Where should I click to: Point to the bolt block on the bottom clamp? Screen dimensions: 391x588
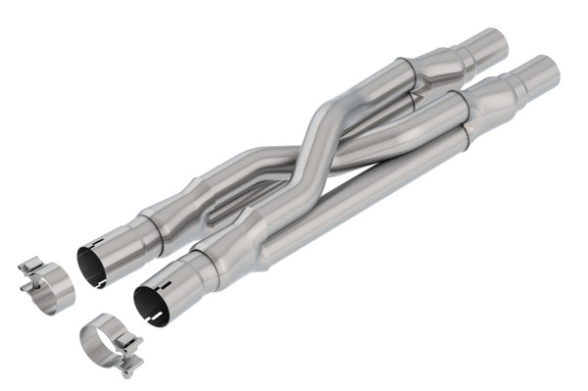(x=127, y=365)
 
